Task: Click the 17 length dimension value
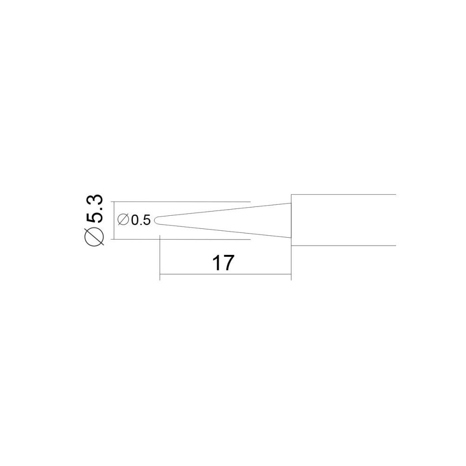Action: tap(223, 263)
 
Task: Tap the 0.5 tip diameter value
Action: tap(141, 220)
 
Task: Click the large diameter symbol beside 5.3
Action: tap(95, 237)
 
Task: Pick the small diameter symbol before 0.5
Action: tap(123, 220)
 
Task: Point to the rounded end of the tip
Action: tap(156, 220)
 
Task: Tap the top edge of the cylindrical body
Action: tap(343, 195)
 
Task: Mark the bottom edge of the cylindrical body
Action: tap(343, 246)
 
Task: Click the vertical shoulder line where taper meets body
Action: tap(291, 220)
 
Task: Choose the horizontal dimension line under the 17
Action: tap(225, 274)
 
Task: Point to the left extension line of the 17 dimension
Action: tap(160, 257)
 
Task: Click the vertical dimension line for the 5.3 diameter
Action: tap(114, 220)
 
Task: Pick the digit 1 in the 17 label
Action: tap(216, 263)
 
